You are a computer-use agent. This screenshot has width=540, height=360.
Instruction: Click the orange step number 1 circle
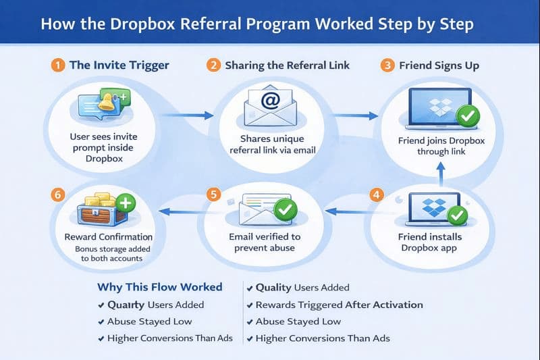coord(59,66)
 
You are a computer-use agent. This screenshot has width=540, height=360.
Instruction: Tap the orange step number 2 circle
coord(213,66)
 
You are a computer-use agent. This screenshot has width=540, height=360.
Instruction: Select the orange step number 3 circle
coord(387,66)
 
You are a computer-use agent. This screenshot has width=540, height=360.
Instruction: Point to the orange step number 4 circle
coord(376,195)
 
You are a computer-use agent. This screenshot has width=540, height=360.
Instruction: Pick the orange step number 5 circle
coord(214,195)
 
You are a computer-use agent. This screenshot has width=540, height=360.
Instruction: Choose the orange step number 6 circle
coord(59,195)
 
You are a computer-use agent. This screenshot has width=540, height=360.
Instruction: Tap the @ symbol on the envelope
coord(269,103)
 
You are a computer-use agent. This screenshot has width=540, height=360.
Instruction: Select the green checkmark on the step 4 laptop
coord(458,215)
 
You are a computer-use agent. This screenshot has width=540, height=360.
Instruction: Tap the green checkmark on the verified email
coord(285,211)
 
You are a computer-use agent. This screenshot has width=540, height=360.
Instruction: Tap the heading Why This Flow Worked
coord(159,287)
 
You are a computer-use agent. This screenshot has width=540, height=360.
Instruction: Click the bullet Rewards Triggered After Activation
coord(339,305)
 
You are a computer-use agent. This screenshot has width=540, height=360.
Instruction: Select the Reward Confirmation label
coord(108,237)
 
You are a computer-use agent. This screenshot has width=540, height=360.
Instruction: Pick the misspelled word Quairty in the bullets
coord(126,305)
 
